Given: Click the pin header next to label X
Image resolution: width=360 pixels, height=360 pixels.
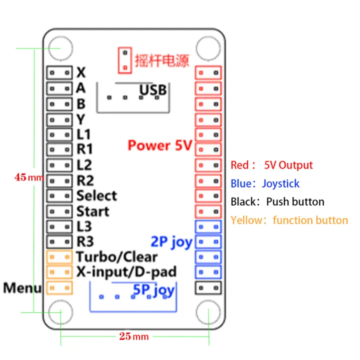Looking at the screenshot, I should pos(59,72).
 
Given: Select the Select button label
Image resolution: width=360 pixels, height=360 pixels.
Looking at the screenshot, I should pos(96,195).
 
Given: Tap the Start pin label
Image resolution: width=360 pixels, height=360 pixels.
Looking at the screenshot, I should pos(92,211).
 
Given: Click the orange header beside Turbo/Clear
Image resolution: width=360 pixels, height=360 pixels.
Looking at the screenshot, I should pos(59,257).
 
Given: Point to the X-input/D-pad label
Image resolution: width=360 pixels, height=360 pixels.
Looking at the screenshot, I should pos(126,272).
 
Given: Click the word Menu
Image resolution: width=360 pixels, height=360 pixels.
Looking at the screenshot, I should pos(22,288).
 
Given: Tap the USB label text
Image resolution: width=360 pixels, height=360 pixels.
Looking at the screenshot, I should pos(152,90).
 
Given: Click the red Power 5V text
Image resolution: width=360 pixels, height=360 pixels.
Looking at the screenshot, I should pos(159,145).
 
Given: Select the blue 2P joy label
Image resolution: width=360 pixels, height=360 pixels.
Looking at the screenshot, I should pos(171,242).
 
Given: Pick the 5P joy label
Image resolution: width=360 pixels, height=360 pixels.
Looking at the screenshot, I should pos(153,289).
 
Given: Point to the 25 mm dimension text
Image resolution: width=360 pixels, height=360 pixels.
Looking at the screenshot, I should pos(133,336).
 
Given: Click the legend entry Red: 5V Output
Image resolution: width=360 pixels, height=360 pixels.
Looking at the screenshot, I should pos(271,165).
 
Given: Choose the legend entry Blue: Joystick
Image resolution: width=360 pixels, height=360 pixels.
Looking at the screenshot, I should pos(265,183).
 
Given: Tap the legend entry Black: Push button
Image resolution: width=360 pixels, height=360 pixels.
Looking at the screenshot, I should pos(277,202).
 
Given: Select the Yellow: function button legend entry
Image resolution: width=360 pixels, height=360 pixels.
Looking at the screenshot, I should pos(289,220).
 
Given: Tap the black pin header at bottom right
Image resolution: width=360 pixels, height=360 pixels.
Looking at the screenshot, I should pos(207,288).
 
